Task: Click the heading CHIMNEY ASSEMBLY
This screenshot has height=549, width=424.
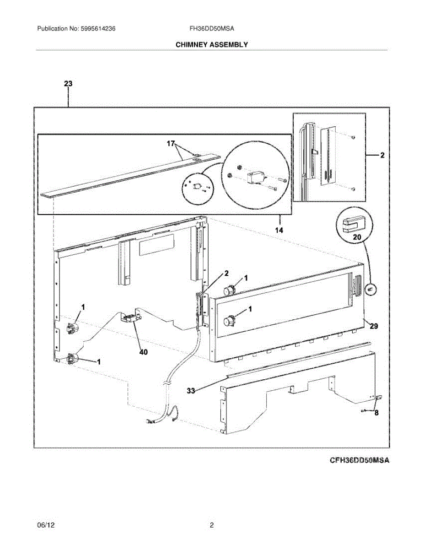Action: click(212, 44)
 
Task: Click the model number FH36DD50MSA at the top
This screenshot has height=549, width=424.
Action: click(212, 28)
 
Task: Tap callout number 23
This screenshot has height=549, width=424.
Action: click(68, 84)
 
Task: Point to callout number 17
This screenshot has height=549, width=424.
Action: click(171, 143)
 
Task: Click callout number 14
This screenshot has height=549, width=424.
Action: click(279, 230)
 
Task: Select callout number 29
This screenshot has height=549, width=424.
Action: click(374, 326)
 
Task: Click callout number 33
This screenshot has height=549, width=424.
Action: click(191, 391)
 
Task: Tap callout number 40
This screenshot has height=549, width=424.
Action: click(143, 352)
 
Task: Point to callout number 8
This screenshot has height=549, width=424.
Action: click(376, 413)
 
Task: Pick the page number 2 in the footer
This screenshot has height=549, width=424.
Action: click(211, 526)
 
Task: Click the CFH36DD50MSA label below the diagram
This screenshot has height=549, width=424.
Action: click(360, 460)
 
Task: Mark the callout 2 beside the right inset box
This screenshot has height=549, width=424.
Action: click(382, 156)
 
